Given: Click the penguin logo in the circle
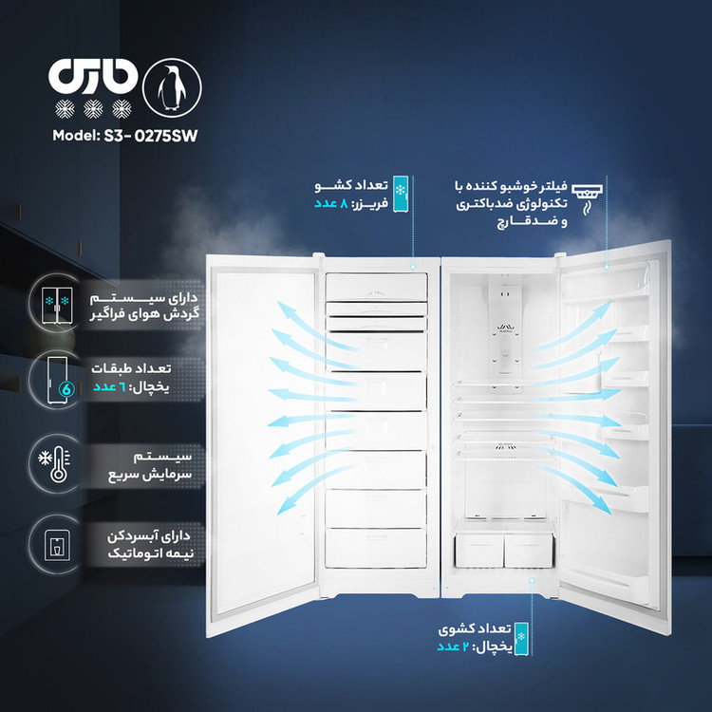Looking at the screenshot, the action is [172, 87].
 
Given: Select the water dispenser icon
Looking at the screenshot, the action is [57, 545].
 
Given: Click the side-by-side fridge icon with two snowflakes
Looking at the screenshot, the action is [57, 305].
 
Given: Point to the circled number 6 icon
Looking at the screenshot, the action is [66, 389].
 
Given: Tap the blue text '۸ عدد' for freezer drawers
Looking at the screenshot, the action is [331, 203].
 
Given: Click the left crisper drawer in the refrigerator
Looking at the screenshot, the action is [478, 550].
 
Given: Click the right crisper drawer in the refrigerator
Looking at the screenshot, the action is [529, 550].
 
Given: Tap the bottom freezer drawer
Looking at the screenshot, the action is [376, 547].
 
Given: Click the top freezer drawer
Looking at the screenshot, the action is [376, 287].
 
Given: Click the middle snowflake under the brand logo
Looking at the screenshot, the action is [93, 109].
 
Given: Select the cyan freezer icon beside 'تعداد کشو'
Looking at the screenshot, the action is [401, 194].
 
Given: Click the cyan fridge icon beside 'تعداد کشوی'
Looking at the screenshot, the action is [521, 639].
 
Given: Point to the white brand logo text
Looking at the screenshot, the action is [93, 76].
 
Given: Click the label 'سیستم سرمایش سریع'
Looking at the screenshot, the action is [150, 466].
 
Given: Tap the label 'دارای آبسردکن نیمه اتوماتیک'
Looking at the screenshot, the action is [150, 545].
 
